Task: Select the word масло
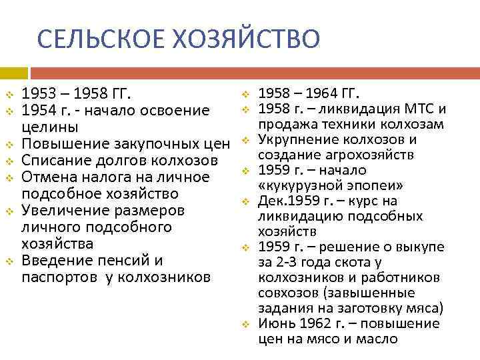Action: (x=377, y=339)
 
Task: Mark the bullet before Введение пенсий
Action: (x=9, y=261)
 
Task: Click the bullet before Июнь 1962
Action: (x=245, y=324)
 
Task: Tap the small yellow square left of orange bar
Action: (x=13, y=72)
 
